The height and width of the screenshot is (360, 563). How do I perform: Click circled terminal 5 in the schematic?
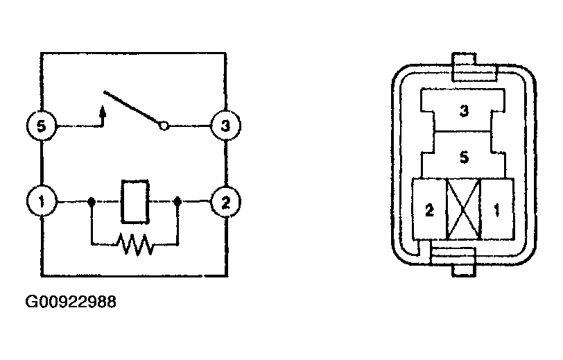click(42, 126)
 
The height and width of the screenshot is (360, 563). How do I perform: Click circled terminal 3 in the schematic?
click(225, 126)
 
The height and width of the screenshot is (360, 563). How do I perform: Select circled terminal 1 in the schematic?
click(42, 201)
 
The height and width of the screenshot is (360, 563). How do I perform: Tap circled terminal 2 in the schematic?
click(225, 202)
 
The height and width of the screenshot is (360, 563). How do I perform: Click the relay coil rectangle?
click(135, 202)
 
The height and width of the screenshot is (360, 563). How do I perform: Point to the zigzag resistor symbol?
click(135, 244)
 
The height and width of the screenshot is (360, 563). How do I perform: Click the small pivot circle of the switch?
click(164, 126)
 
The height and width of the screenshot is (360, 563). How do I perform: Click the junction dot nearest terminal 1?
click(92, 201)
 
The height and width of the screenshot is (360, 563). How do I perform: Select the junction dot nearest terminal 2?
click(177, 201)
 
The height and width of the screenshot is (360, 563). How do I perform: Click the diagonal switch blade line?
click(132, 107)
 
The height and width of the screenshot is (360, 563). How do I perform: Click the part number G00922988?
click(71, 302)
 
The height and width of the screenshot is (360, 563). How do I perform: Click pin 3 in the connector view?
click(463, 110)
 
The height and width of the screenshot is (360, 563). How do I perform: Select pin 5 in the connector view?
click(463, 156)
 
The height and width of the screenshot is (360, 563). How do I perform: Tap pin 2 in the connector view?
click(429, 209)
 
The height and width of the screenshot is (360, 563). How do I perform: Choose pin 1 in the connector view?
click(497, 209)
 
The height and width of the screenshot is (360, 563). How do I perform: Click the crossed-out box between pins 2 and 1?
click(463, 209)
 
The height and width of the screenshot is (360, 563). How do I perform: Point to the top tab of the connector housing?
click(474, 67)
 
